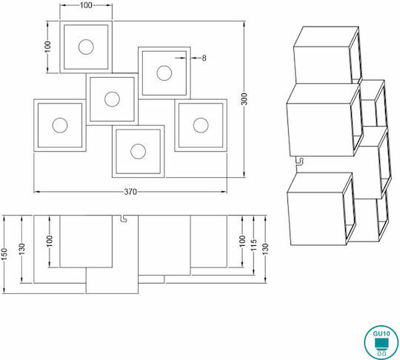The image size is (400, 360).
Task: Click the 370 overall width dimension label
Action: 130,192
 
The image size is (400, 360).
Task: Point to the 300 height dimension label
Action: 244,99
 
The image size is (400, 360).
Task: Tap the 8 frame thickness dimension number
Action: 204,59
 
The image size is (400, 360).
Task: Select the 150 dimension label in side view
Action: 4,254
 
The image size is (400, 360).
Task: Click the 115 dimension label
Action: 253,245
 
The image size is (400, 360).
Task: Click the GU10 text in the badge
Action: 381,334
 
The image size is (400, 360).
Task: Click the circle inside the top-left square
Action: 86,47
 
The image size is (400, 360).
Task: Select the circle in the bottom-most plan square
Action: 138,151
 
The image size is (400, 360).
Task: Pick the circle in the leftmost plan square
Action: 60,125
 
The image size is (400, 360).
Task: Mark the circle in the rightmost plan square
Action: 201,125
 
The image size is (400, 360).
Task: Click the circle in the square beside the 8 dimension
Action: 164,73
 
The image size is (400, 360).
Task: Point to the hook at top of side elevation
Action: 124,219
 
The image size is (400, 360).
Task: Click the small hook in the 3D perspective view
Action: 299,161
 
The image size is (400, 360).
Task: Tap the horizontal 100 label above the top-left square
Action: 86,5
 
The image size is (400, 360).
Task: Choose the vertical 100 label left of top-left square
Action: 47,47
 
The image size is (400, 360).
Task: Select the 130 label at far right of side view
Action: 265,250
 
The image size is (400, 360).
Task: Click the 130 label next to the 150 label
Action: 22,249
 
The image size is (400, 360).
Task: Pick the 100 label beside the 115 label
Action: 242,241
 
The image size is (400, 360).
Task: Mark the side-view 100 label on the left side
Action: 50,241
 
